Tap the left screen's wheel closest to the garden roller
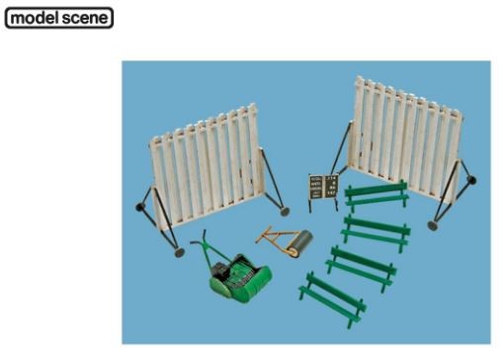click(285, 211)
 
